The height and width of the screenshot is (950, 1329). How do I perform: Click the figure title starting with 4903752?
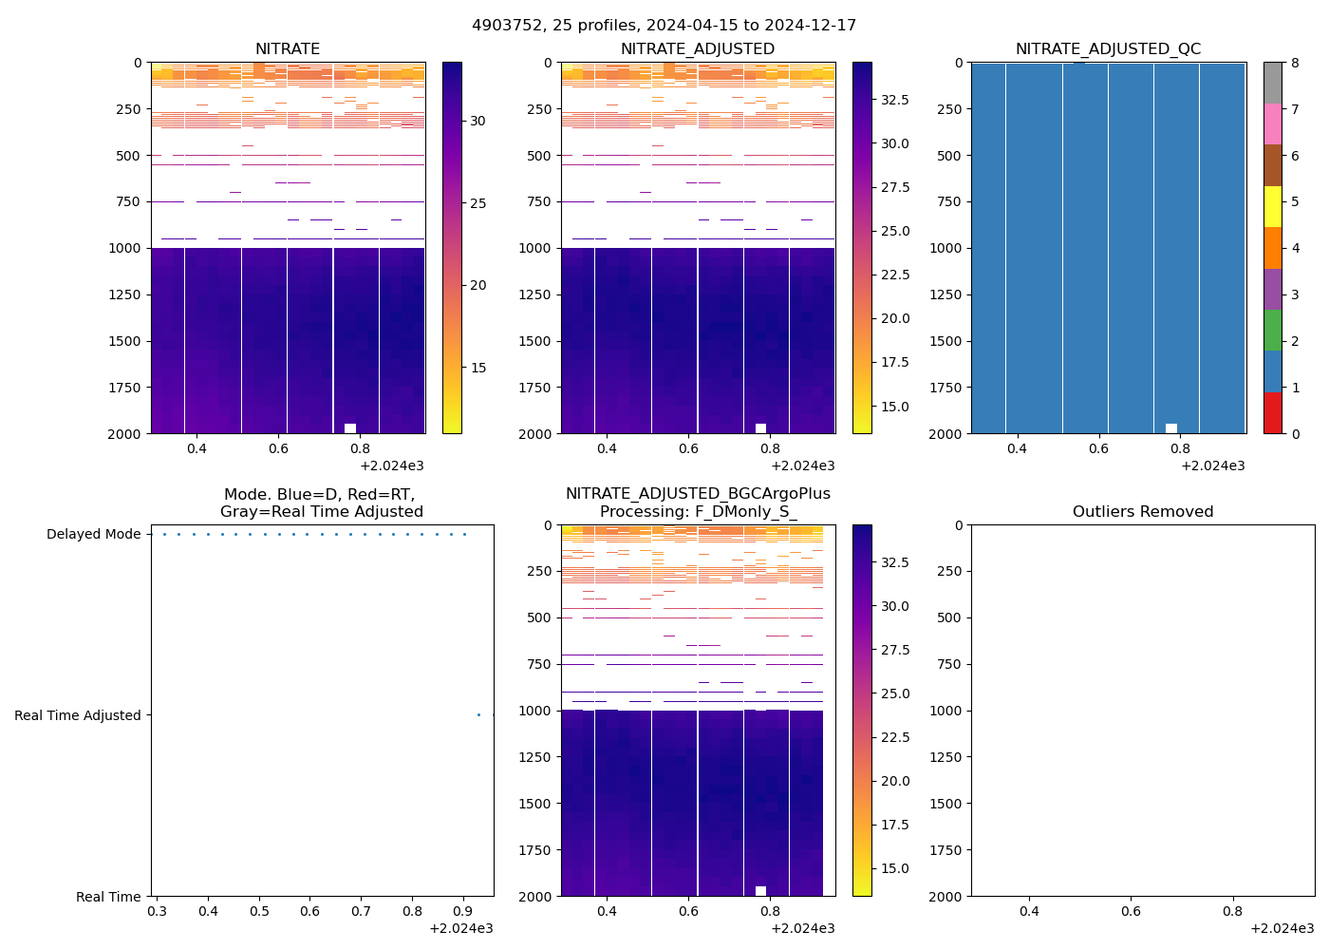click(x=664, y=26)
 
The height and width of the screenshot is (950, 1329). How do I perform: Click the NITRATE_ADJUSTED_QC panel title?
click(x=1108, y=49)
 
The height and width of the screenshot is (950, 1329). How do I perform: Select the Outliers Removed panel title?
click(x=1143, y=512)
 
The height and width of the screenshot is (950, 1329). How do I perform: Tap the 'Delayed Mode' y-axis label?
click(x=93, y=535)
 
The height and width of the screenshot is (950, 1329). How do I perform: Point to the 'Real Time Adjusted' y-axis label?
click(x=77, y=715)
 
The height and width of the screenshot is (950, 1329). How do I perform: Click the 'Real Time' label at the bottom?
click(x=108, y=897)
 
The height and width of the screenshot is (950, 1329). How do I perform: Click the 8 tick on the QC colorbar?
click(x=1296, y=63)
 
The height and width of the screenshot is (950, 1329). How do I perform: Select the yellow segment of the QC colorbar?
click(x=1273, y=206)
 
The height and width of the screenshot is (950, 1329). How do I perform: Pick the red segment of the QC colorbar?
click(x=1273, y=413)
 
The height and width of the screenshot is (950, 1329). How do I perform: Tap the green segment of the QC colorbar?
click(x=1273, y=331)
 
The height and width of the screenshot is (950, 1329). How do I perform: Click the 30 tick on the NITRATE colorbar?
click(x=477, y=121)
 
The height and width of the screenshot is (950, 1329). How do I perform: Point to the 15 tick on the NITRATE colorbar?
click(x=477, y=368)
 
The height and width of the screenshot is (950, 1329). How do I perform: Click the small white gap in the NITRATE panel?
click(x=350, y=428)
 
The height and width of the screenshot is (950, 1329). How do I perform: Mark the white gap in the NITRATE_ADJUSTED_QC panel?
click(x=1171, y=428)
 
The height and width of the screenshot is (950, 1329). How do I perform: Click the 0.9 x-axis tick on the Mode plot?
click(x=462, y=911)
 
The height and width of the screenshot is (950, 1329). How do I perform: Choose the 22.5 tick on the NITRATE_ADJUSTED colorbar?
click(x=895, y=275)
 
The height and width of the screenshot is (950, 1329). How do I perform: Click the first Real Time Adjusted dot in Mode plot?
click(x=478, y=714)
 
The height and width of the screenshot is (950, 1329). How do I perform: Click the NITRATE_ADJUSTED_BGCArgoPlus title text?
click(x=698, y=494)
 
